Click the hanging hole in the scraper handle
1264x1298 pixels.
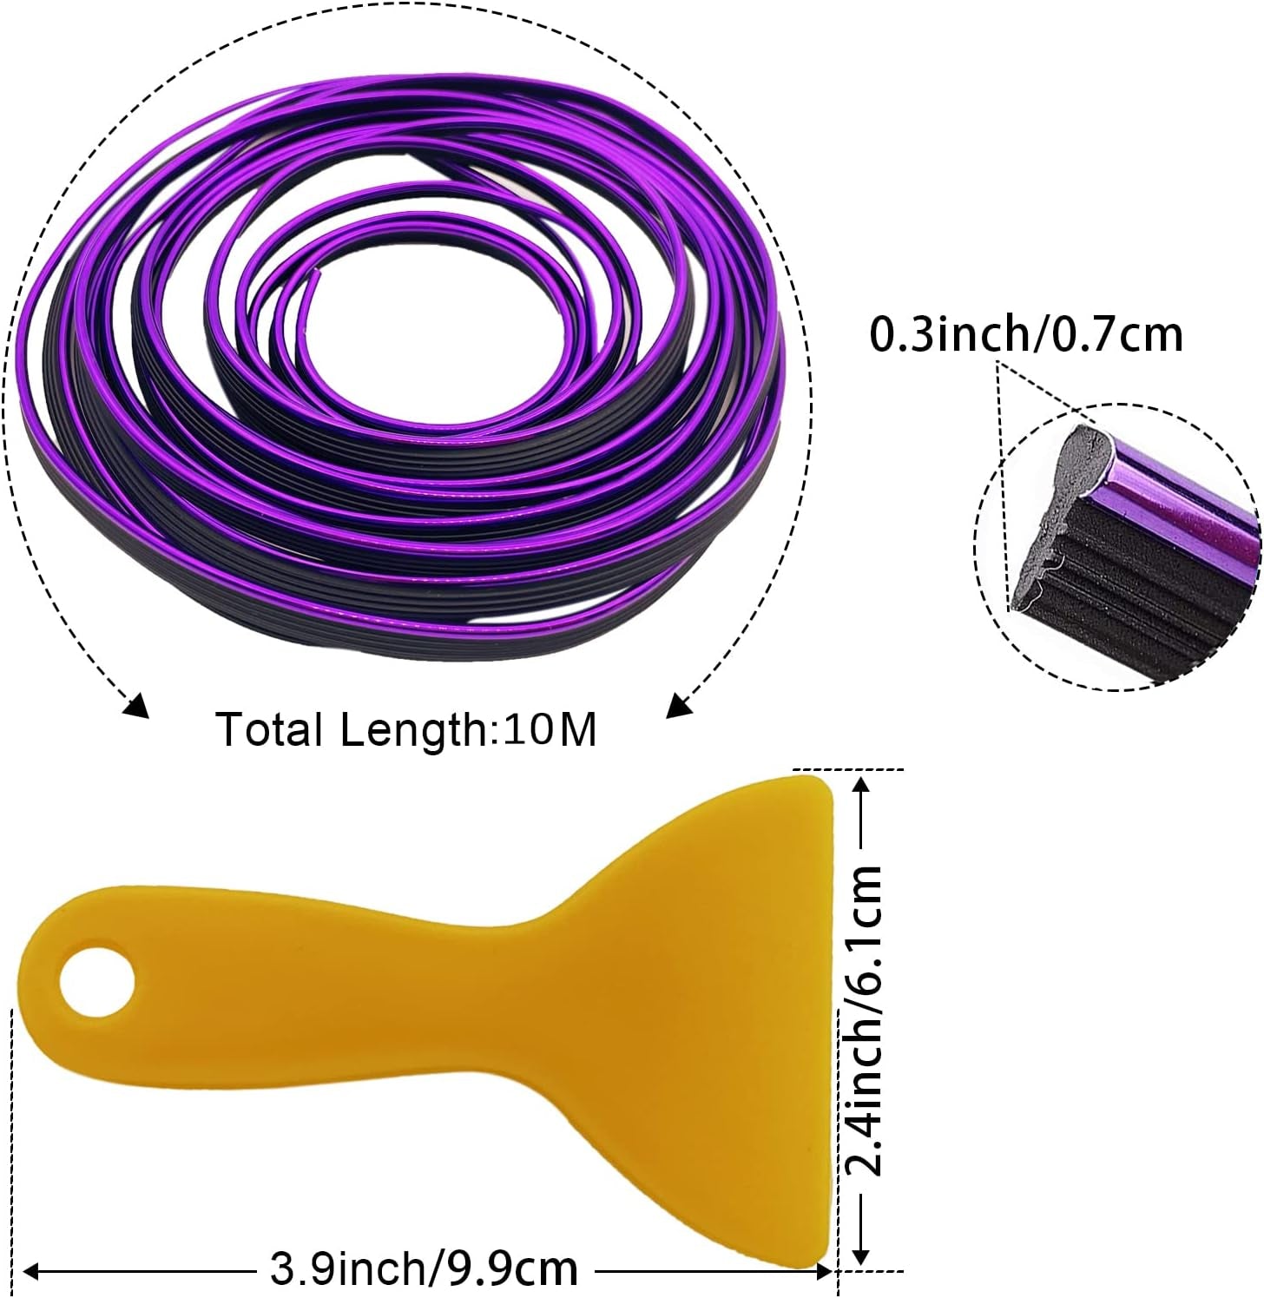97,978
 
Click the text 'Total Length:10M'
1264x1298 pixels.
405,729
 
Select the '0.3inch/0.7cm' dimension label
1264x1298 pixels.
1026,335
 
